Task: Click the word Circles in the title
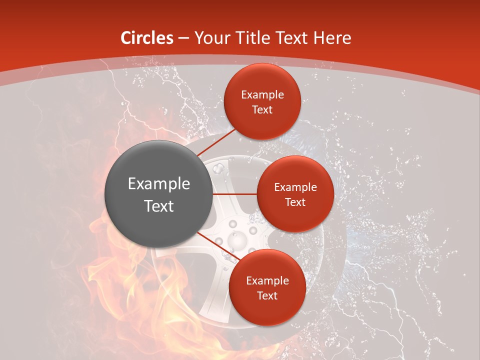pos(147,38)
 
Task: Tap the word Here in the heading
pos(332,38)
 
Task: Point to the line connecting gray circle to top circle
pos(217,142)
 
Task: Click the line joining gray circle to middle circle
pos(235,194)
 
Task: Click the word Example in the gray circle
pos(159,183)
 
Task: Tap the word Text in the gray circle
pos(159,205)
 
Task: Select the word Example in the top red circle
pos(262,94)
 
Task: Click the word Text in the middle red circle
pos(295,202)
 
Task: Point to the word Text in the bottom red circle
pos(267,295)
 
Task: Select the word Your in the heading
pos(210,38)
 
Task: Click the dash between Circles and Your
pos(183,38)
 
